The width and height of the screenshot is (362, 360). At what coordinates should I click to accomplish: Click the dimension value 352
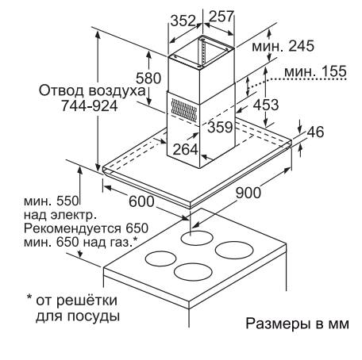(x=183, y=21)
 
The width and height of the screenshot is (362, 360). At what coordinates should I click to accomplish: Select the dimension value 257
(x=221, y=16)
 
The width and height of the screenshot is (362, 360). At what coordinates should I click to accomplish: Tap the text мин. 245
(x=283, y=46)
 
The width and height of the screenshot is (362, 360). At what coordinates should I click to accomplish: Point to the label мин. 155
(x=315, y=71)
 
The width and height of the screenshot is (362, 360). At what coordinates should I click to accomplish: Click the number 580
(x=148, y=79)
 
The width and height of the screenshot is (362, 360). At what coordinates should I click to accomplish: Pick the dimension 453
(x=266, y=105)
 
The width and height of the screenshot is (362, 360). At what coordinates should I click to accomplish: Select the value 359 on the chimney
(x=220, y=127)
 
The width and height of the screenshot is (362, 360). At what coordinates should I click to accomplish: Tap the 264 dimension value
(x=185, y=149)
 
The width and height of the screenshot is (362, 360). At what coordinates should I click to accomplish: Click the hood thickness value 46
(x=315, y=132)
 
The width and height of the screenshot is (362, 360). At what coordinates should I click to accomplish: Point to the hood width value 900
(x=248, y=193)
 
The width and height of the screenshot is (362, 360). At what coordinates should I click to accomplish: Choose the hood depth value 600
(x=141, y=201)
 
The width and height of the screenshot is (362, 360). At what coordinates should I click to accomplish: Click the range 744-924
(x=90, y=106)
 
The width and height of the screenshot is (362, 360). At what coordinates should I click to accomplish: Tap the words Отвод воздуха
(x=92, y=90)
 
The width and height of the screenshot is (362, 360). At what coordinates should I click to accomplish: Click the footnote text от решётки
(x=76, y=301)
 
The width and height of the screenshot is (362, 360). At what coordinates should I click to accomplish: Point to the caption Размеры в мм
(x=298, y=324)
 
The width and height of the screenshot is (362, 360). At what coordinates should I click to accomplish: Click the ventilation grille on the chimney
(x=184, y=110)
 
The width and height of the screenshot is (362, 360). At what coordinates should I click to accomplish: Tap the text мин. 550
(x=52, y=201)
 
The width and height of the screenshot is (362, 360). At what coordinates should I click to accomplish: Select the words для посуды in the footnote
(x=78, y=316)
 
